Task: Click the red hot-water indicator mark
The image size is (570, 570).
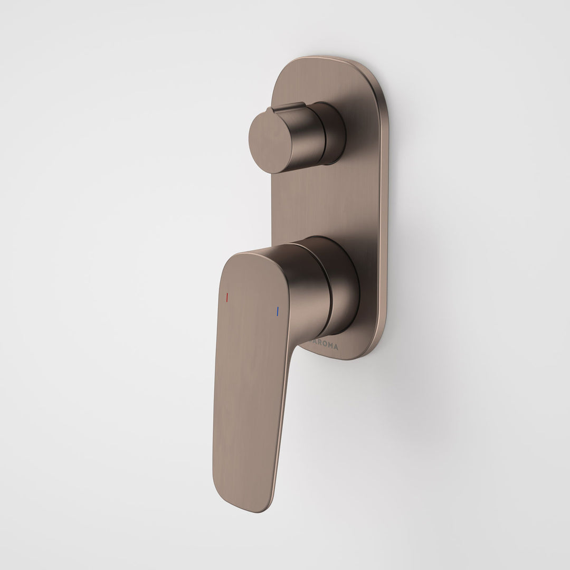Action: pos(227,298)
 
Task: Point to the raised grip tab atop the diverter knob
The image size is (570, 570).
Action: pos(288,107)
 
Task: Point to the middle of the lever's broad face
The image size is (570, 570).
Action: pos(248,369)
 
